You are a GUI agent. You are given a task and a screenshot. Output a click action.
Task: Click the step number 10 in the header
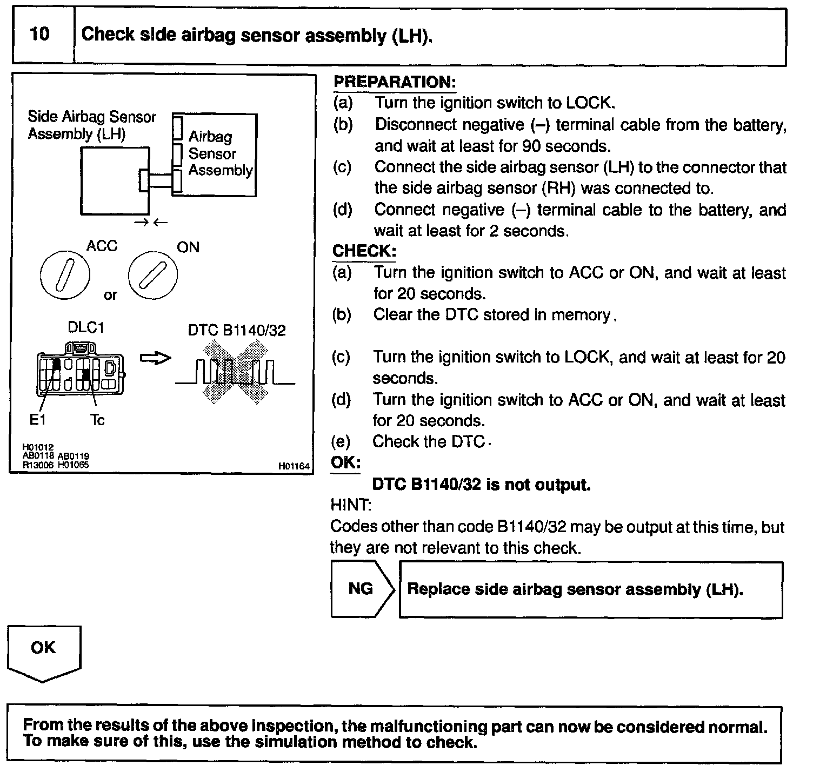(x=40, y=35)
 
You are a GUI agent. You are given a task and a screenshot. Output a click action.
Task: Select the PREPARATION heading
(x=395, y=83)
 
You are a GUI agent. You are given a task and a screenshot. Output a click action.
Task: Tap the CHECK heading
(x=364, y=251)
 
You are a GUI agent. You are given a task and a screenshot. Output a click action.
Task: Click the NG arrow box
(x=361, y=589)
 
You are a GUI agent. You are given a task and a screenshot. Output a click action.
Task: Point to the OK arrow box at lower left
(x=43, y=651)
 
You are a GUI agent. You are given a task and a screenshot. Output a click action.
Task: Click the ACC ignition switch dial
(x=64, y=274)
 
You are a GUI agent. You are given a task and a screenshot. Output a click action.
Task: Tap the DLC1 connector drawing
(x=80, y=371)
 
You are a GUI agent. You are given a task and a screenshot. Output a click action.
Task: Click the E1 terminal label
(x=37, y=420)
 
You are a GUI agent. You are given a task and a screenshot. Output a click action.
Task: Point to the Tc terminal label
(x=97, y=420)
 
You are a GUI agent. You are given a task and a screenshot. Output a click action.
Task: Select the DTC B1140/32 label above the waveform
(x=237, y=330)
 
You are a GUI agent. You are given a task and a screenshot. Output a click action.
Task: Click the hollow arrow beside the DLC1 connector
(x=155, y=358)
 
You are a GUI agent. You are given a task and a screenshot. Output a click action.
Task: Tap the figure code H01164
(x=294, y=466)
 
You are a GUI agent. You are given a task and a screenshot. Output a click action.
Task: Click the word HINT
(x=350, y=506)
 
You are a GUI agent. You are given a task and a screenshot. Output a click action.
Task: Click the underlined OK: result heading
(x=345, y=464)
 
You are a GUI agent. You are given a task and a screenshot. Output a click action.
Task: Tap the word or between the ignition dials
(x=110, y=296)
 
